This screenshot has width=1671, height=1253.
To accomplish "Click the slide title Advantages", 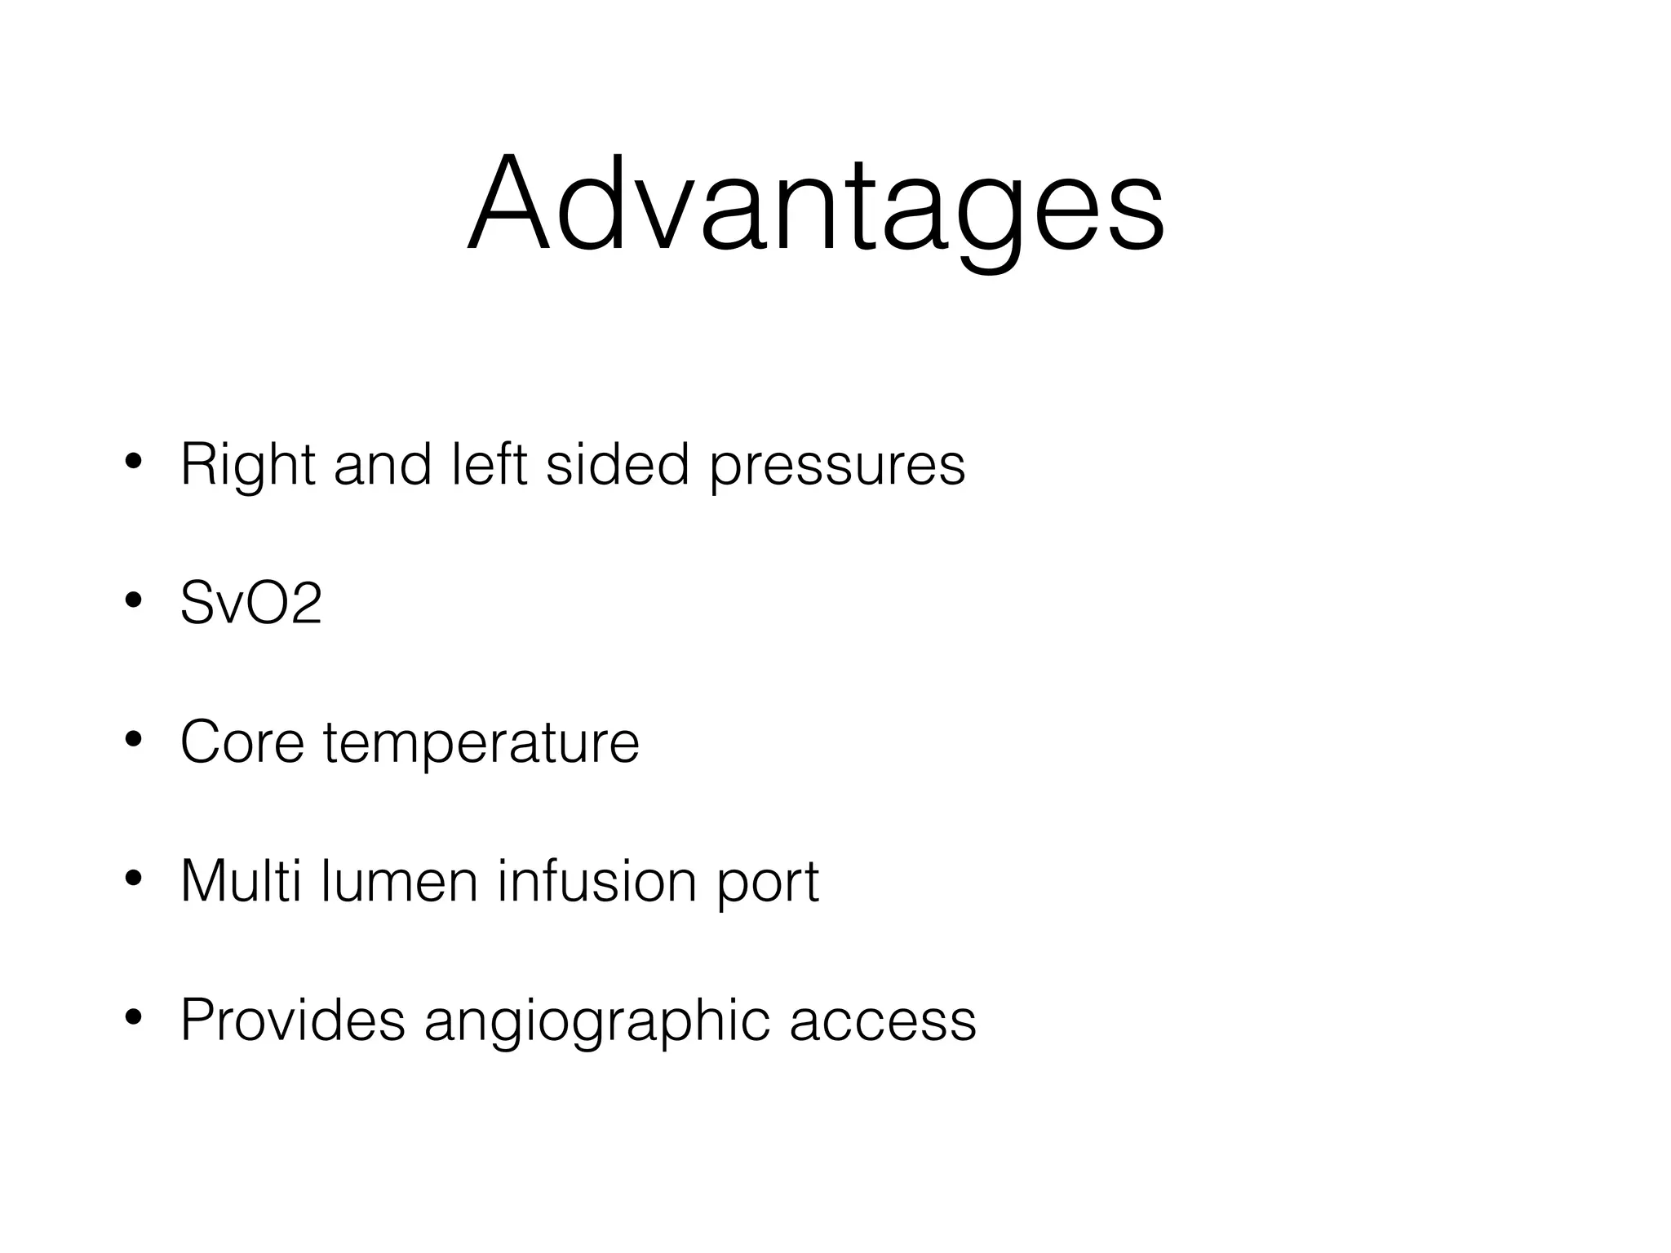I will [816, 206].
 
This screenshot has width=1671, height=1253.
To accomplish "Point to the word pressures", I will [837, 470].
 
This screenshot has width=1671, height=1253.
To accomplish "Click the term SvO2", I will [251, 604].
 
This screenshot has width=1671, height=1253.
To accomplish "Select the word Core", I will [242, 742].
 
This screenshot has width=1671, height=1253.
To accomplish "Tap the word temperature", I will [481, 746].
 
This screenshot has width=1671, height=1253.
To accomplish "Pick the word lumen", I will [399, 881].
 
